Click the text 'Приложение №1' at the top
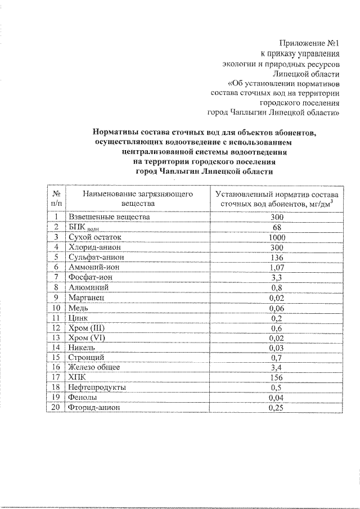[310, 43]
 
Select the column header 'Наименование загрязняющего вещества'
[137, 198]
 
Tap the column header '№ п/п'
[57, 198]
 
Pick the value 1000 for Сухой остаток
[276, 237]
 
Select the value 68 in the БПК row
[276, 227]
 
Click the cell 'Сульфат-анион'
[94, 258]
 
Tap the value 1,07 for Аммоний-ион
[276, 268]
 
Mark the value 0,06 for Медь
[276, 308]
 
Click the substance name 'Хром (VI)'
[86, 339]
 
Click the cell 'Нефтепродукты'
[97, 388]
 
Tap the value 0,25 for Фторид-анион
[276, 408]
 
